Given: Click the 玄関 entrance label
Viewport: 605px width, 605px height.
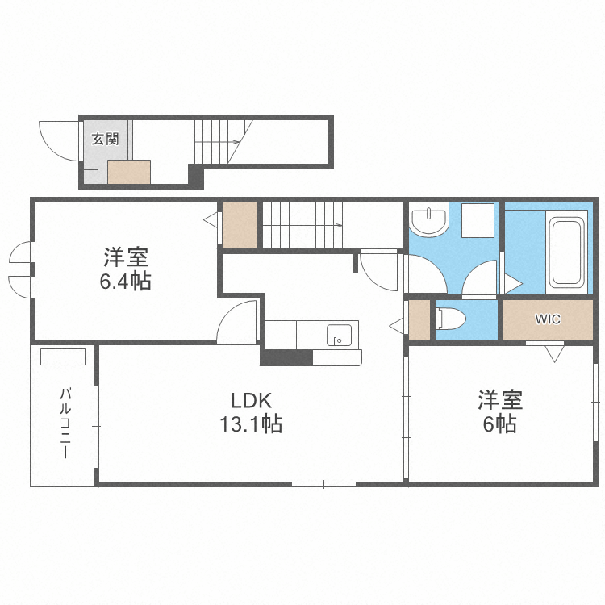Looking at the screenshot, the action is (x=105, y=139).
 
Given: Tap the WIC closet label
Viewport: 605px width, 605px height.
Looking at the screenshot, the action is (x=548, y=319).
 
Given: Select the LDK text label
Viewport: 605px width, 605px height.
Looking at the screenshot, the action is (x=251, y=400).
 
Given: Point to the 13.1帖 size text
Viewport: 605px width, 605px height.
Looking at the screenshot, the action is (x=251, y=423).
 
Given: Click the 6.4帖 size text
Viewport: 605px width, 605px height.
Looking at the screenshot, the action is (x=125, y=281).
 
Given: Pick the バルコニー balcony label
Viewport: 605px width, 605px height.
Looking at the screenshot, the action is (x=65, y=423).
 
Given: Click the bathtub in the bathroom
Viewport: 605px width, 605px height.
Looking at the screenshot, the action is (x=567, y=252).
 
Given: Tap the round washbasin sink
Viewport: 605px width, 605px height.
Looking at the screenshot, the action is (x=428, y=221).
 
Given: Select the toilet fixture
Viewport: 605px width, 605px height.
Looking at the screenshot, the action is (x=450, y=319).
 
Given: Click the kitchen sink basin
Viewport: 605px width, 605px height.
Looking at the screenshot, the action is (x=339, y=335).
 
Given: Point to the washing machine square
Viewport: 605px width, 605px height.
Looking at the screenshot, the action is (x=478, y=220).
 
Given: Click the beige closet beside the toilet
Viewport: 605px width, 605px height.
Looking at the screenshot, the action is (x=419, y=320).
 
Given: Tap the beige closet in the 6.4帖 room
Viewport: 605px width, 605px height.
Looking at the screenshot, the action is (x=240, y=225).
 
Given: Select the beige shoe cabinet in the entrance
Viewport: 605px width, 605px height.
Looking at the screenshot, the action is (x=129, y=172).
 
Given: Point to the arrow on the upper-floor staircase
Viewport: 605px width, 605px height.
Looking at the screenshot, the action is (x=302, y=225).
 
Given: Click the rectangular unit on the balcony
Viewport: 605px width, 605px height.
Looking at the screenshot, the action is (x=62, y=357).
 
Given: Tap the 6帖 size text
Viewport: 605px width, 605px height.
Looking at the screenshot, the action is (x=499, y=423).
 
